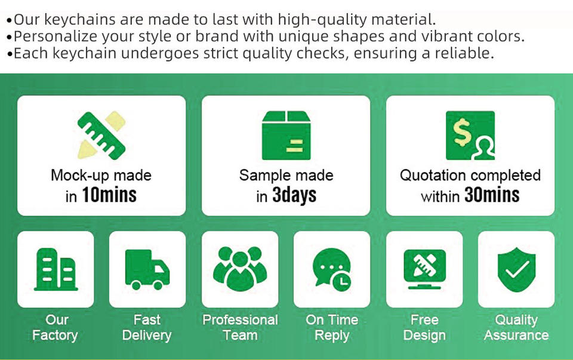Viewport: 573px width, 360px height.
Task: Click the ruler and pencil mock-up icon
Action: click(101, 135)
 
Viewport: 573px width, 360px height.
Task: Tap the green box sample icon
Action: click(286, 136)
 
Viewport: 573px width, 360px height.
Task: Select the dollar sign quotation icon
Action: click(470, 136)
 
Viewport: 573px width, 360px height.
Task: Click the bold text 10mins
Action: click(109, 195)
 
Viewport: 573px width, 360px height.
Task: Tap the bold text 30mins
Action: click(492, 195)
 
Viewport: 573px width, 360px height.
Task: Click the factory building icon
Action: click(56, 269)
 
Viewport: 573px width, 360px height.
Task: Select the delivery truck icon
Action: click(147, 269)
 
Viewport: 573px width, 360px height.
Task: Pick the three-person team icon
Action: click(240, 269)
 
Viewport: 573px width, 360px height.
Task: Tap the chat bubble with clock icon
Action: click(332, 269)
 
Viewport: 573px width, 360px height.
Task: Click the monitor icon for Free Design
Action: click(424, 269)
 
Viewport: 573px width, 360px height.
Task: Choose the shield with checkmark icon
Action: click(516, 269)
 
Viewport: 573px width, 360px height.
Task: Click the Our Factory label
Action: click(55, 328)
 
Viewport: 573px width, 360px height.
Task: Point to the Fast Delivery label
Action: click(147, 328)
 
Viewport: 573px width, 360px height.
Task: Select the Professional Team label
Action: click(240, 328)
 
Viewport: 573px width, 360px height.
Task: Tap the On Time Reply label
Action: click(332, 328)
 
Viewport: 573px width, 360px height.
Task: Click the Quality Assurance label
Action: click(516, 328)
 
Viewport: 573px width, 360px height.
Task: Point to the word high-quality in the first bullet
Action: click(322, 20)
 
